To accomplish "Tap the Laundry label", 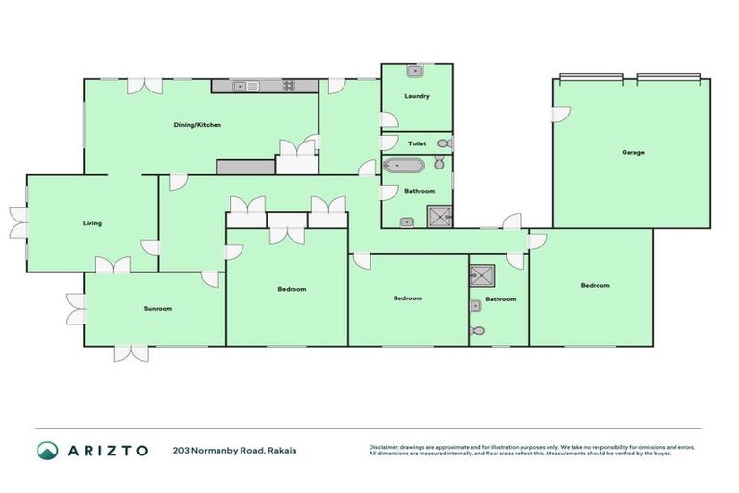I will click(x=417, y=96).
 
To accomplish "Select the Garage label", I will click(x=632, y=152).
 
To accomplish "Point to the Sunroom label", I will click(x=158, y=308).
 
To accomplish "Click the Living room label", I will click(x=91, y=222).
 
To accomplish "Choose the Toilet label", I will click(x=417, y=143).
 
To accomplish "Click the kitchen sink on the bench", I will click(x=248, y=86).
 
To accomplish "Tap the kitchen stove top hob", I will click(x=288, y=86).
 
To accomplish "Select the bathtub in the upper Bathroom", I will click(x=403, y=166).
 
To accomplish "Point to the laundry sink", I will click(x=415, y=70).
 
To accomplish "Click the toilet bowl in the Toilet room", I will click(x=443, y=143).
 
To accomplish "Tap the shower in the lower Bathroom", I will click(x=481, y=275).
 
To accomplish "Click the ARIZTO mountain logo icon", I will click(x=47, y=450).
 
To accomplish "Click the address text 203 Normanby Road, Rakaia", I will click(x=235, y=450).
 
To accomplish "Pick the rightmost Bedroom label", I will click(x=595, y=285).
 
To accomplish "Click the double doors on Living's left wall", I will click(x=17, y=222).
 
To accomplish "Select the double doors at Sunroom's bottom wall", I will click(x=130, y=352).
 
